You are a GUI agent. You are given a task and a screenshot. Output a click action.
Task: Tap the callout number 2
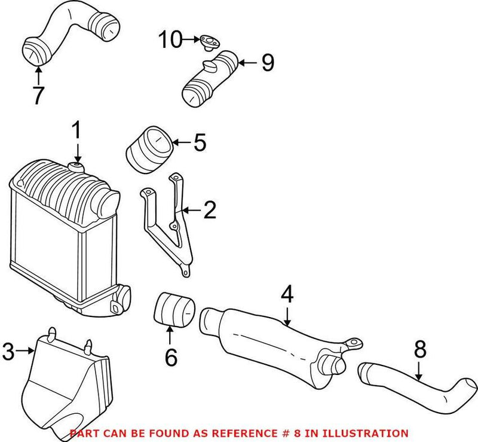tap(209, 211)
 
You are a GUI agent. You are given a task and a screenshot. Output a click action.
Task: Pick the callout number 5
tap(200, 143)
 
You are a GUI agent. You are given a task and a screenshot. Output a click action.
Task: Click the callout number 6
tap(171, 357)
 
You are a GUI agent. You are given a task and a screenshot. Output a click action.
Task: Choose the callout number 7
tap(38, 95)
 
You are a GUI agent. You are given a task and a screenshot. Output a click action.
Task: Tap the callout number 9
tap(267, 62)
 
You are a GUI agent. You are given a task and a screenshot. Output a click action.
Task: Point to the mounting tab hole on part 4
tap(357, 343)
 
